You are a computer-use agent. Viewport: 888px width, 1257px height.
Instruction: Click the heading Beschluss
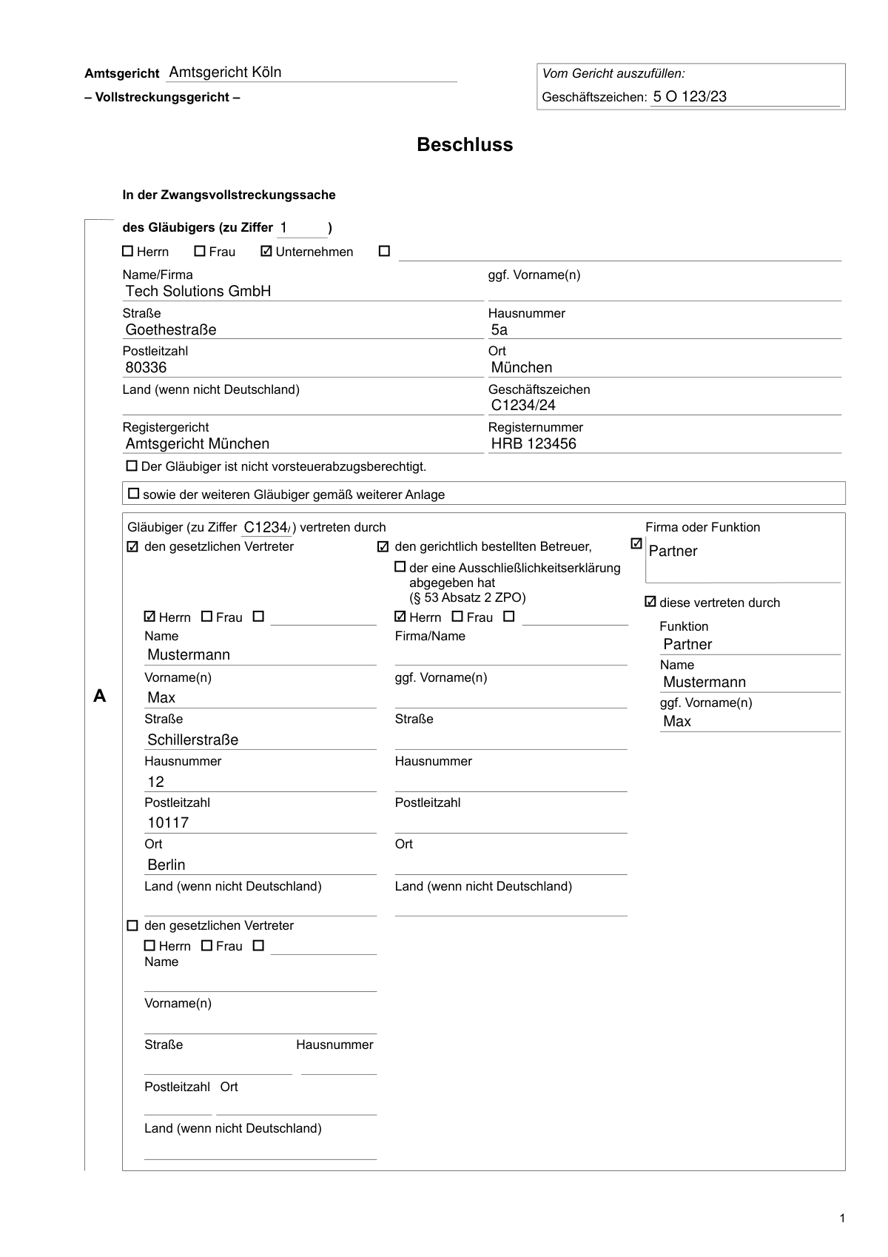click(465, 144)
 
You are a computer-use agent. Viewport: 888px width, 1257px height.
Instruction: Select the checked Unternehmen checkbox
click(266, 252)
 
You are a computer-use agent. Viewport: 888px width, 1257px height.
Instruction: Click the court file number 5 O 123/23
click(690, 96)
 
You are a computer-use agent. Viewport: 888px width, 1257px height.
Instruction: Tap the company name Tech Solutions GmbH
click(198, 292)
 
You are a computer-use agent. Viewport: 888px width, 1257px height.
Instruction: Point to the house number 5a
click(499, 330)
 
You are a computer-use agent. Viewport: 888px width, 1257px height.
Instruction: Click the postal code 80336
click(146, 368)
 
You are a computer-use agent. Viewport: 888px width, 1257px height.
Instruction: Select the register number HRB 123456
click(534, 444)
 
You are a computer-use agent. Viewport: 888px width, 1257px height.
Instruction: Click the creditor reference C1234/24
click(523, 406)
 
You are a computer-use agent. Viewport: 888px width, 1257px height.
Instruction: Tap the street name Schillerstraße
click(192, 740)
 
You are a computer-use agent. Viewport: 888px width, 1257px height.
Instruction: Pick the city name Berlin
click(166, 865)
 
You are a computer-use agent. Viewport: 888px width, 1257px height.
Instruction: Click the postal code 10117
click(168, 823)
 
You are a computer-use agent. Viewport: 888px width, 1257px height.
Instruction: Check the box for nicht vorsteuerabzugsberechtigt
click(132, 466)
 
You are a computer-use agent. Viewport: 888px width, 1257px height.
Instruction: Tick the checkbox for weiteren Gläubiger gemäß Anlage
click(134, 494)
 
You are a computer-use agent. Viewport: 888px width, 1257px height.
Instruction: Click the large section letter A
click(100, 697)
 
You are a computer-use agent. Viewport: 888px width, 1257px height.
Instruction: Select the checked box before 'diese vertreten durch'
click(650, 602)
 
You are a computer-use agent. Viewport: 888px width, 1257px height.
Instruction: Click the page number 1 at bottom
click(842, 1219)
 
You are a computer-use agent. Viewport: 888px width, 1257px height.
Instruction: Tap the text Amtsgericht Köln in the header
click(225, 73)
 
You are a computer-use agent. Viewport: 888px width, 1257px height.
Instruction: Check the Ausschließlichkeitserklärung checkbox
click(400, 567)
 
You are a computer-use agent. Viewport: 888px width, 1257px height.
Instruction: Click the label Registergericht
click(165, 427)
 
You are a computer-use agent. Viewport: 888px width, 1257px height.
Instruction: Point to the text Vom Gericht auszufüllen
click(613, 73)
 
